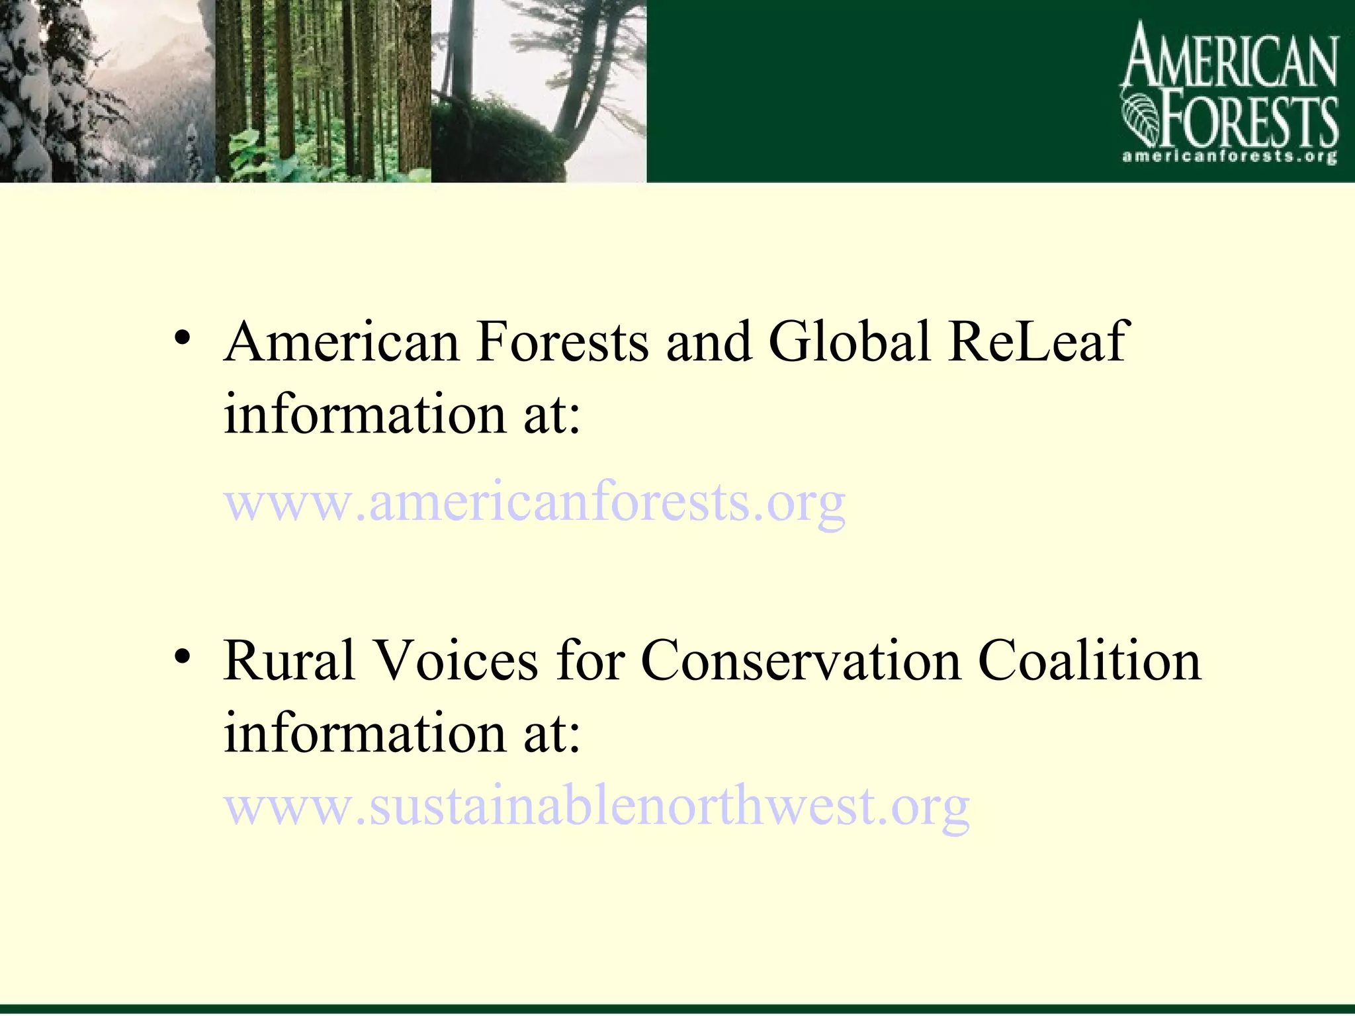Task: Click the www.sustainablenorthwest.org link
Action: (x=597, y=807)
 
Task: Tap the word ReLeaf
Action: (x=1037, y=342)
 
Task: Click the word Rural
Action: (x=290, y=661)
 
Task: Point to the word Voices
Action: (x=457, y=661)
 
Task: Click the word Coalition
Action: (x=1089, y=661)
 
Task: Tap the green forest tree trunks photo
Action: (x=323, y=91)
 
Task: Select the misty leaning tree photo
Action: (x=539, y=91)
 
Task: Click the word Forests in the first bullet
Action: (x=562, y=342)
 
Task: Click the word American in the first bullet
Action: (x=341, y=342)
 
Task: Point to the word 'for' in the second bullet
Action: (x=590, y=661)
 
